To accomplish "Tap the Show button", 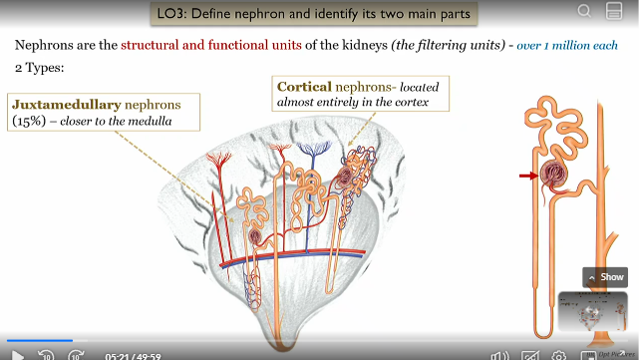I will click(x=606, y=277).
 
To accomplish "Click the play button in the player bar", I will click(x=17, y=353).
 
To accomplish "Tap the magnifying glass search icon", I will click(x=585, y=12).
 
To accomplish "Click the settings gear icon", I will click(x=559, y=353).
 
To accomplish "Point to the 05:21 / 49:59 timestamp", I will click(x=134, y=354).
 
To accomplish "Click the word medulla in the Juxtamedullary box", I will click(x=149, y=122).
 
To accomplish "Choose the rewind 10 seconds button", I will click(x=46, y=353).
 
